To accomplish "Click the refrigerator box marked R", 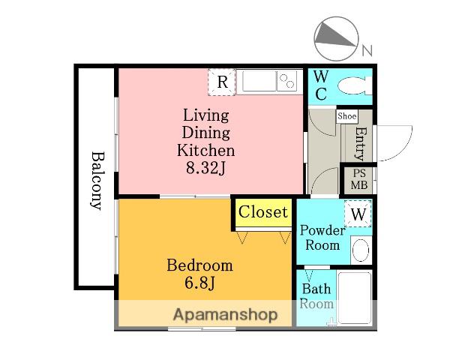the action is click(x=221, y=82).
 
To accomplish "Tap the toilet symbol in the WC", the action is click(x=355, y=85).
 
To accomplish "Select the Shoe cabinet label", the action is click(x=347, y=116).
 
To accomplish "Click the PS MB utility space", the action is click(x=359, y=179).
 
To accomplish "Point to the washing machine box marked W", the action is click(x=358, y=214).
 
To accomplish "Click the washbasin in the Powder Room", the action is click(x=361, y=250).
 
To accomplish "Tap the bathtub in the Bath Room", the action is click(x=355, y=298).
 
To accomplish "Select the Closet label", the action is click(x=263, y=212).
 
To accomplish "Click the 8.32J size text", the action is click(x=205, y=168).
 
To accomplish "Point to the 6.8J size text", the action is click(x=199, y=283).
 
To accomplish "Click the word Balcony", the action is click(x=96, y=181).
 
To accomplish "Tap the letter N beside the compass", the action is click(x=367, y=50).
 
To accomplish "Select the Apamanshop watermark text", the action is click(x=226, y=315).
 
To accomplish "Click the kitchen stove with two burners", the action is click(x=287, y=82).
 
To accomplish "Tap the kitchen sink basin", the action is click(x=259, y=82).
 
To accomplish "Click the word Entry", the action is click(x=361, y=143).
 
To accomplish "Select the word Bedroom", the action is click(x=199, y=265).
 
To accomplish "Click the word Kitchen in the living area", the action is click(x=205, y=150).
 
